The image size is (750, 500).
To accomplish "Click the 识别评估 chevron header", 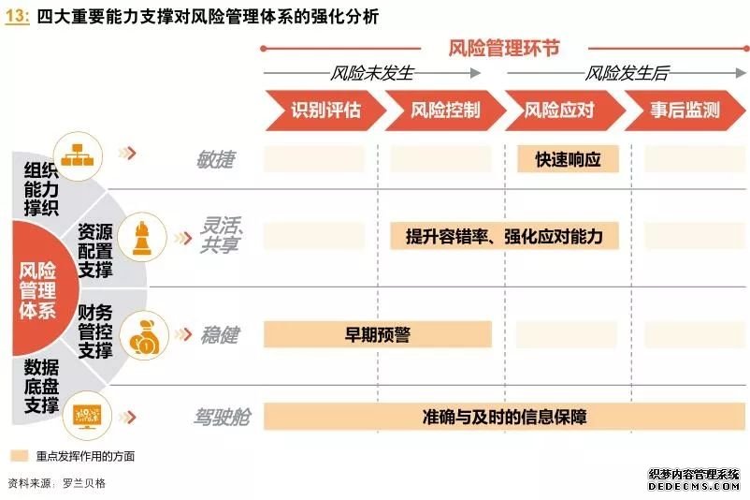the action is (325, 110).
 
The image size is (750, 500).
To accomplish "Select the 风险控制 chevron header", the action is (445, 110).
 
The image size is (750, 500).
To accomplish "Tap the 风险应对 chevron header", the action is (565, 110).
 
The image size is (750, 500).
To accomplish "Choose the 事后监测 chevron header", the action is (685, 110).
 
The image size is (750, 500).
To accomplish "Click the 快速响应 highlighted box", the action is (568, 159).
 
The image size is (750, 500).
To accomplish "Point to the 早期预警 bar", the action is (378, 334).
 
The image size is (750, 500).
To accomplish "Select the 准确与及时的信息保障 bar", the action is (504, 417).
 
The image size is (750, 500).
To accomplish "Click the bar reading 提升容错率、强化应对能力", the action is (504, 236).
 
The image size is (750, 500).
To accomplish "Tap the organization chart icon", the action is (78, 155).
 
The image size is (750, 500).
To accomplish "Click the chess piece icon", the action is (142, 238).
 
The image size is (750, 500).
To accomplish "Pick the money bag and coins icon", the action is (144, 336).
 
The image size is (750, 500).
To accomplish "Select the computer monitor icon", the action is (87, 416).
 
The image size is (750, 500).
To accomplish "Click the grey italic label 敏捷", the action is (215, 159).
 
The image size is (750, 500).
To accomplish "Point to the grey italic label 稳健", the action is (219, 335).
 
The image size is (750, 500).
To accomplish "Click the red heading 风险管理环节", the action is (504, 48).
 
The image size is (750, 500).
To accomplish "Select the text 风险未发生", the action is (371, 73).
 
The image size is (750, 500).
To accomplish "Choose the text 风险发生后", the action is (627, 73).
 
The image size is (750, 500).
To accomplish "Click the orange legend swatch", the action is (19, 455).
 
